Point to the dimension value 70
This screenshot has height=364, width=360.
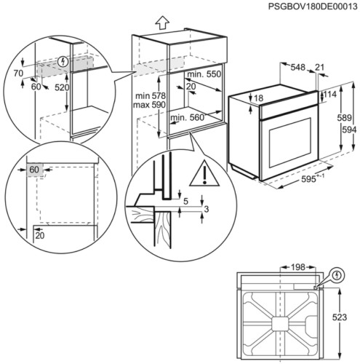(x=17, y=74)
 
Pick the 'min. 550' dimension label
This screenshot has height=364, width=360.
(x=203, y=75)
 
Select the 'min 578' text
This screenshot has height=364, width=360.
(x=151, y=97)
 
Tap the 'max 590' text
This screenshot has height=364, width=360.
(x=151, y=106)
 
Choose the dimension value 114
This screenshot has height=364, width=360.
(x=329, y=94)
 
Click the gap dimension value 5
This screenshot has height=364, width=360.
(x=186, y=202)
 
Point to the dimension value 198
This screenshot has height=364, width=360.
(x=297, y=268)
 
